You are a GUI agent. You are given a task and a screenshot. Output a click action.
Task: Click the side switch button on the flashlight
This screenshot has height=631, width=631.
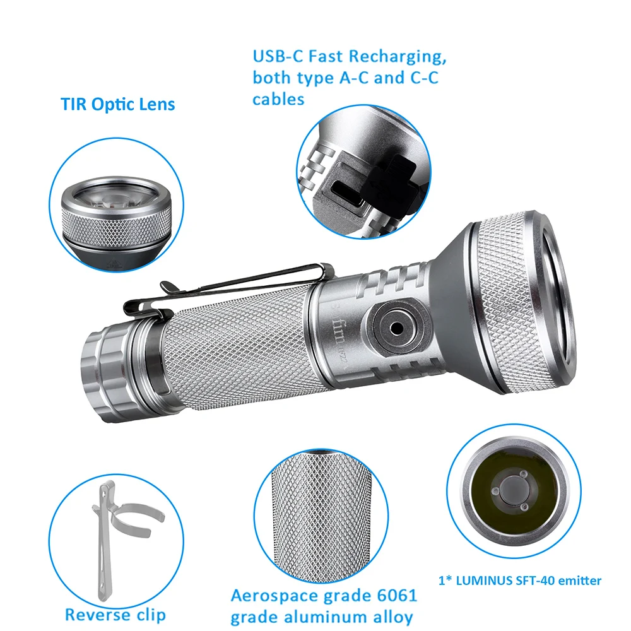[397, 327]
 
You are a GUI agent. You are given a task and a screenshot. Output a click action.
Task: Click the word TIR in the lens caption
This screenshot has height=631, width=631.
[75, 104]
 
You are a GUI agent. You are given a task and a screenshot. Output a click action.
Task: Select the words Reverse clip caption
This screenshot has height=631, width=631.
[115, 614]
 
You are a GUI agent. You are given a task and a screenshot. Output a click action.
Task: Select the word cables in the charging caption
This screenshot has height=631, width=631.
[278, 99]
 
